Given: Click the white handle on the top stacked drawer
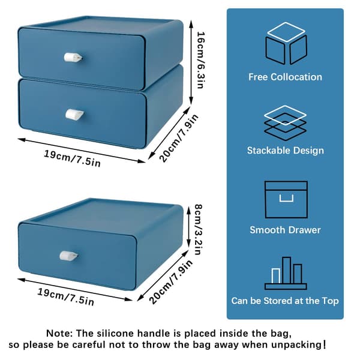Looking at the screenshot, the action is click(x=73, y=58).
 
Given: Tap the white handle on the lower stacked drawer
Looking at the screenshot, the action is click(x=74, y=115).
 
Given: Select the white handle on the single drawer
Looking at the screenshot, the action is click(x=68, y=256).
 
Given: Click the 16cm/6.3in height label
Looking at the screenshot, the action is click(x=200, y=60).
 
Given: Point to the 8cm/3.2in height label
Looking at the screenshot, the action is click(x=198, y=230).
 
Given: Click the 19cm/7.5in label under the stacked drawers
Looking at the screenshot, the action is click(x=73, y=158).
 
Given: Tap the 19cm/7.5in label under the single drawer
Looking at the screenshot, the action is click(x=66, y=296).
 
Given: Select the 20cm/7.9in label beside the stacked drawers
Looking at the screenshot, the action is click(x=179, y=138).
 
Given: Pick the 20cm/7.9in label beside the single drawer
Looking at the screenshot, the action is click(x=171, y=282).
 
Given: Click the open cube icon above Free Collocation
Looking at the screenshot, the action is click(x=286, y=43).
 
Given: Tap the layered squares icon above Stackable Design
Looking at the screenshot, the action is click(x=285, y=123).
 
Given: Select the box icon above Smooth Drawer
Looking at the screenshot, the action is click(x=286, y=199).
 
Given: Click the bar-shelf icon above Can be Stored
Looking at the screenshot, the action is click(x=286, y=273).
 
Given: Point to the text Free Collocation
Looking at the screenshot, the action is click(x=285, y=77).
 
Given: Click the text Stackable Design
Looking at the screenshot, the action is click(x=286, y=151).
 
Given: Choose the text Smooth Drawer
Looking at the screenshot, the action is click(x=285, y=230).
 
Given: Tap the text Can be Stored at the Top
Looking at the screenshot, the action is click(x=285, y=301).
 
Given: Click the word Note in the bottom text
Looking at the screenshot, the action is click(x=59, y=333).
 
